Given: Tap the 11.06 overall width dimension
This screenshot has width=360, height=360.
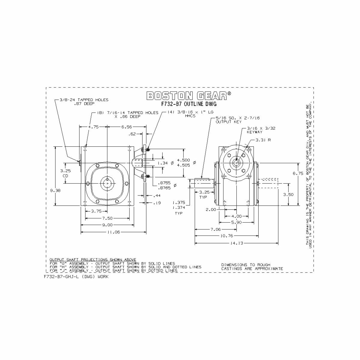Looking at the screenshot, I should pyautogui.click(x=113, y=232).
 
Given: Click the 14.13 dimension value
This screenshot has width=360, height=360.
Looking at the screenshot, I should pyautogui.click(x=236, y=243).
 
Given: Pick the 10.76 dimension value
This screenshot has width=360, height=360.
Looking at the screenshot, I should pyautogui.click(x=226, y=236).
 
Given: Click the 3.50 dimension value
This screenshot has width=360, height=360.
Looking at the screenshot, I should pyautogui.click(x=289, y=194).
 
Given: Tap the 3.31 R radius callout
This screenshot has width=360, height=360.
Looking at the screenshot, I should pyautogui.click(x=263, y=140).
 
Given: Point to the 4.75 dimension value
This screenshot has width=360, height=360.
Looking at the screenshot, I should pyautogui.click(x=93, y=127).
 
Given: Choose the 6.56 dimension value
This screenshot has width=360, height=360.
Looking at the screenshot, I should pyautogui.click(x=127, y=127).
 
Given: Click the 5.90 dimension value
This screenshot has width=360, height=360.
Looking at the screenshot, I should pyautogui.click(x=237, y=223).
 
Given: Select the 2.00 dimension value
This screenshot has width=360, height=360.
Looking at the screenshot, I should pyautogui.click(x=211, y=210).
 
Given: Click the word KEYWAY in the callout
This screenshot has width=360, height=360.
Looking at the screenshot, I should pyautogui.click(x=255, y=132).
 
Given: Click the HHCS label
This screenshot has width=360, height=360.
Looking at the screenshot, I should pyautogui.click(x=190, y=116).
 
